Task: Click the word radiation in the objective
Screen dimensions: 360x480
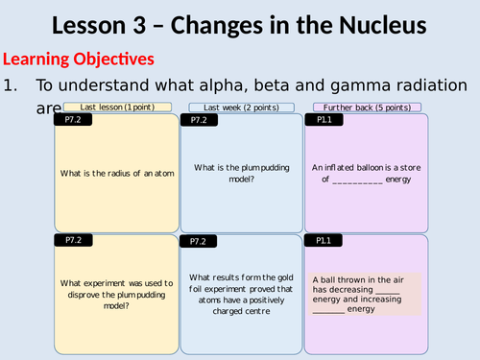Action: click(431, 84)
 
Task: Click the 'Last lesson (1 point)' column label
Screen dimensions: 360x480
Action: click(117, 107)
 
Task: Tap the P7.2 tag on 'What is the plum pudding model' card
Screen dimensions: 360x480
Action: click(200, 121)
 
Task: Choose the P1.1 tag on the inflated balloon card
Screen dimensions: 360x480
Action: click(324, 121)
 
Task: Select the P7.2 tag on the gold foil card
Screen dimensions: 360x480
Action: click(200, 241)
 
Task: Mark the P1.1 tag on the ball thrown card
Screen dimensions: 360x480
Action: click(324, 241)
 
